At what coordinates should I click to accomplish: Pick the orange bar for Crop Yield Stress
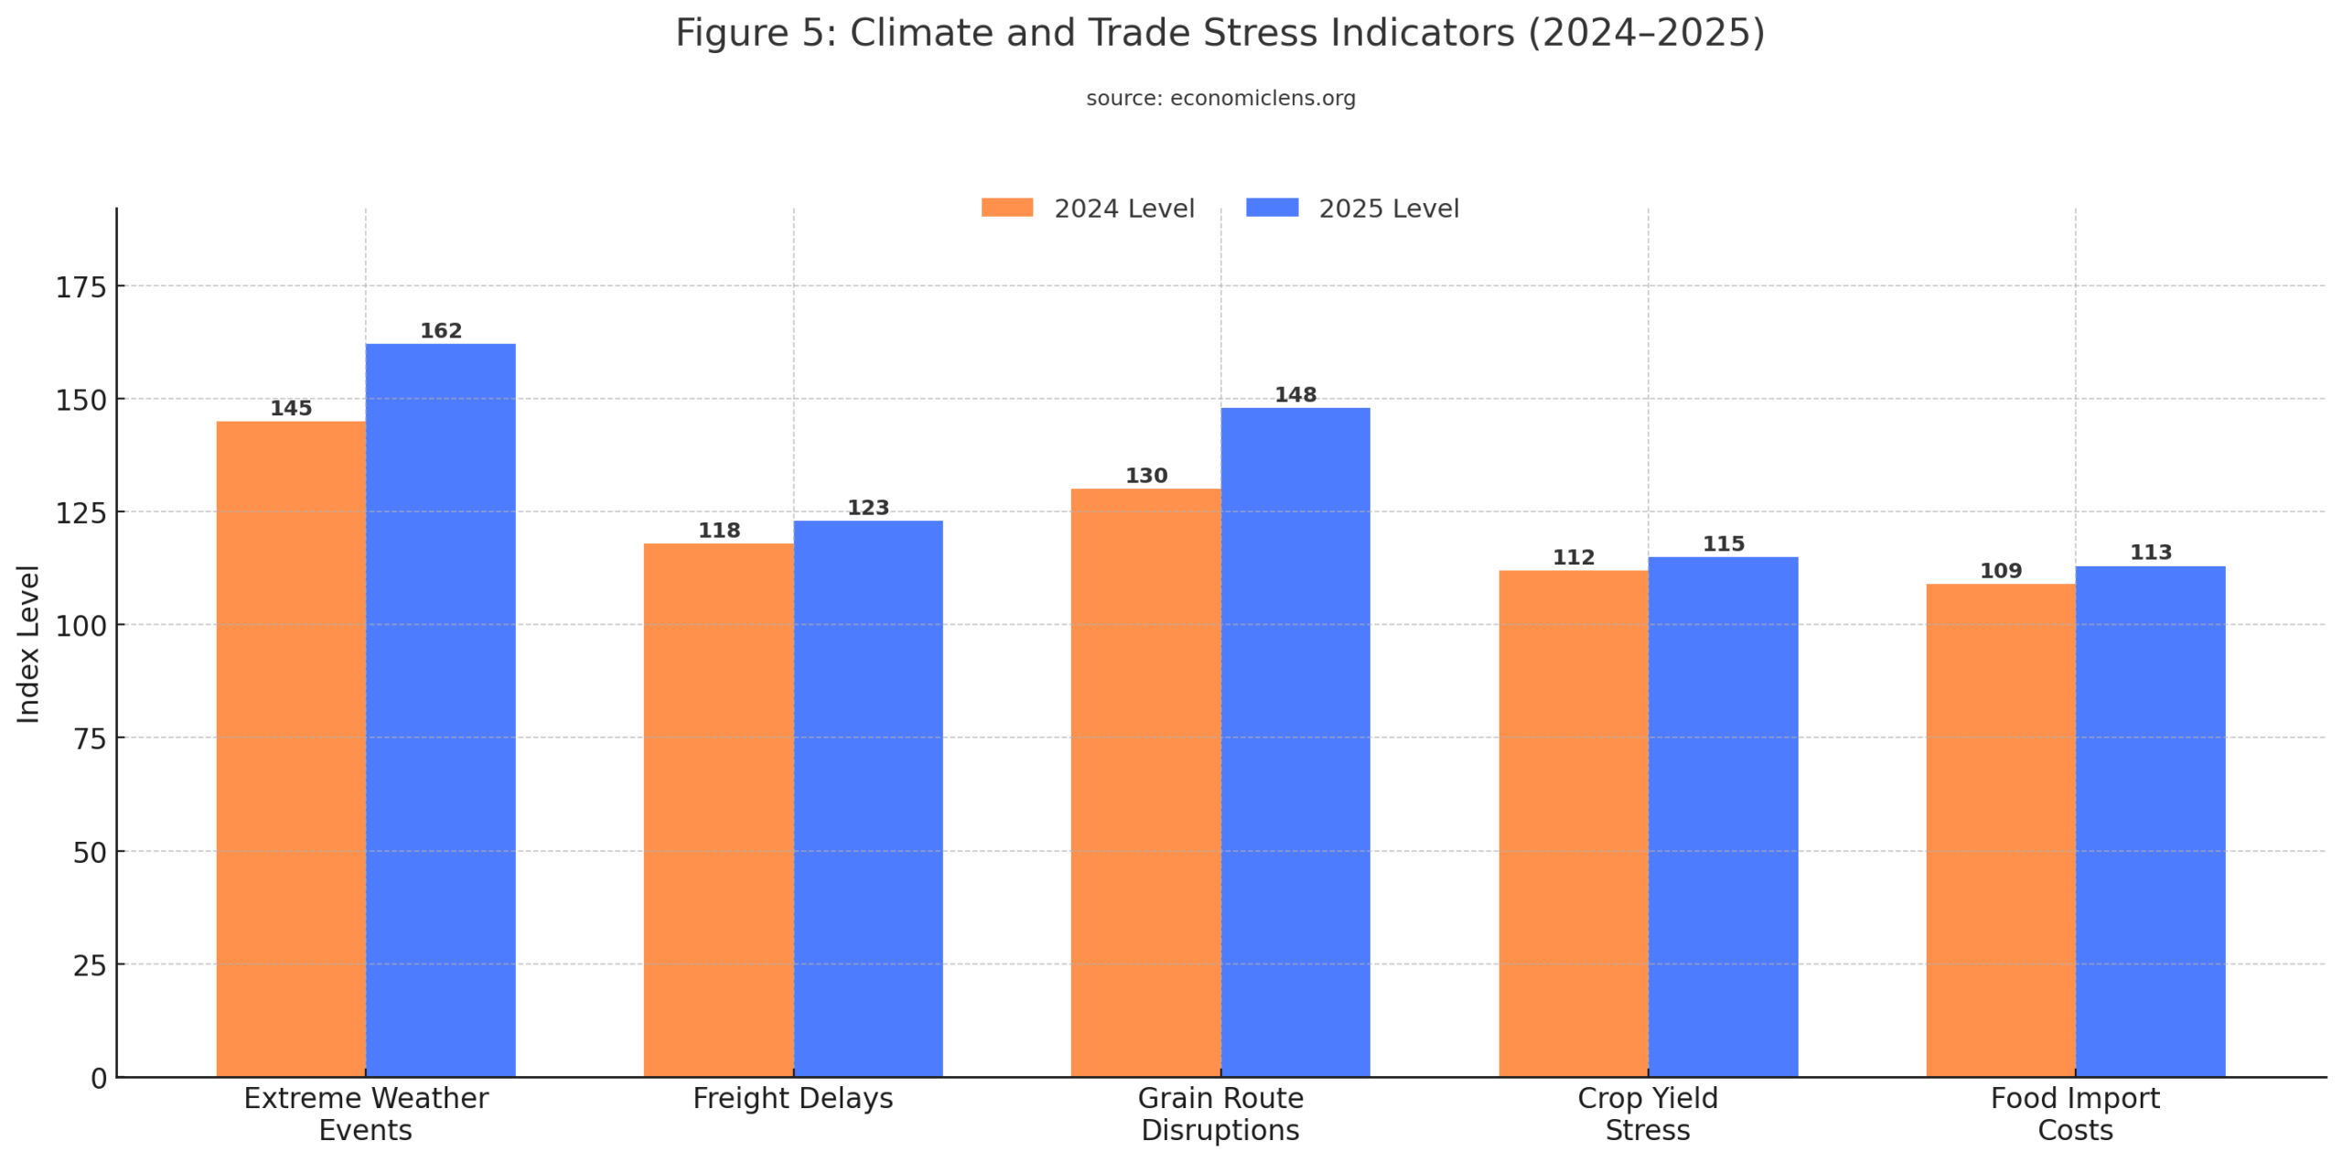(x=1573, y=823)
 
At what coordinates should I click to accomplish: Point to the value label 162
(x=440, y=330)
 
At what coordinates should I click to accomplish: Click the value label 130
(x=1145, y=475)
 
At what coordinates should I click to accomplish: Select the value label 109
(x=2000, y=570)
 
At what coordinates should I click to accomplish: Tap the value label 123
(x=867, y=507)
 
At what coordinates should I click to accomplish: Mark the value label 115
(x=1723, y=543)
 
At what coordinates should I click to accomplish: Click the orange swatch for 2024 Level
(x=1006, y=208)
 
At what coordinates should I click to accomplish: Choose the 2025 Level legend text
(x=1388, y=209)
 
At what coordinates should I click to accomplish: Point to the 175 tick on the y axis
(x=81, y=287)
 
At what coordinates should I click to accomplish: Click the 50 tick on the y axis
(x=90, y=852)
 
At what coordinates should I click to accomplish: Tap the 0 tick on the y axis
(x=99, y=1078)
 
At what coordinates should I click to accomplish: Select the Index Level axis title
(x=28, y=643)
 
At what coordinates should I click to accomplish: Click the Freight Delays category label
(x=792, y=1098)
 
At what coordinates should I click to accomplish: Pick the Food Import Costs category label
(x=2074, y=1114)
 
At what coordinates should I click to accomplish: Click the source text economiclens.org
(x=1262, y=98)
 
